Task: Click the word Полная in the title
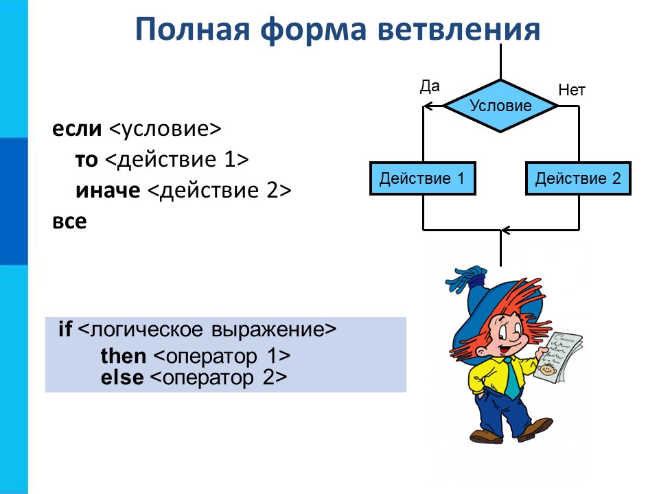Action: (192, 29)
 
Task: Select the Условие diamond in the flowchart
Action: (500, 106)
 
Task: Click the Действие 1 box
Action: (423, 178)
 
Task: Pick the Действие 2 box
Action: (578, 178)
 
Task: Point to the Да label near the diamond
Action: (430, 86)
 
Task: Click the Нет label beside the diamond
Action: (572, 90)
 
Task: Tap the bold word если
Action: (77, 128)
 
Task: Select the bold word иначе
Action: (108, 191)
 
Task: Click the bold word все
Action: (69, 222)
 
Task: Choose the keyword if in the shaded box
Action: (65, 329)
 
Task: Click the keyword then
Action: (124, 356)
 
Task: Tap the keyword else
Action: (122, 377)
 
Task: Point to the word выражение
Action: (274, 330)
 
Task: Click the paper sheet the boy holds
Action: (557, 357)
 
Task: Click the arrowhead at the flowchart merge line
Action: (506, 231)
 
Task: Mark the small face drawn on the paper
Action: (546, 370)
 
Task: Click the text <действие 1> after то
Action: (177, 160)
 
